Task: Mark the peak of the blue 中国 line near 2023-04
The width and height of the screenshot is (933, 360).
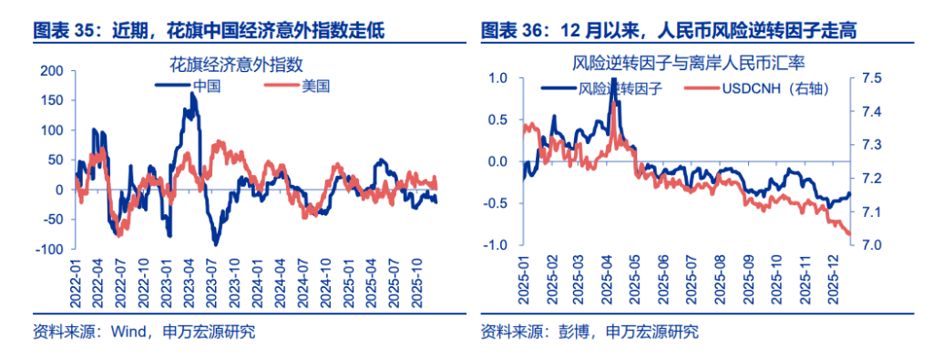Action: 192,94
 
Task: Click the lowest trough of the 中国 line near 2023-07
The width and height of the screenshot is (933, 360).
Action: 216,243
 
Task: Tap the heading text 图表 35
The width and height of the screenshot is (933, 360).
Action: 65,31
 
